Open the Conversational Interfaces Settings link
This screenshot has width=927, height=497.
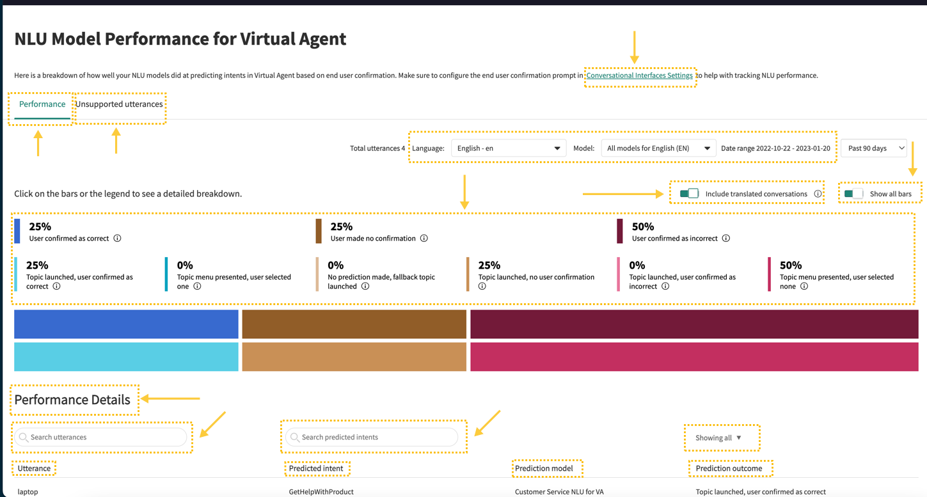[639, 75]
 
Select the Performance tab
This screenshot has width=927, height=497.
[42, 104]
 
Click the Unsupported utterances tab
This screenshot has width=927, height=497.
[119, 104]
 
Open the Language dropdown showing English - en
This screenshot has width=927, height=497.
[509, 148]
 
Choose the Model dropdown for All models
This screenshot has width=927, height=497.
[658, 148]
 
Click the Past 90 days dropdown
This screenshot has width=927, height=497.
[874, 148]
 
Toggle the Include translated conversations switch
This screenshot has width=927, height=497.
[690, 193]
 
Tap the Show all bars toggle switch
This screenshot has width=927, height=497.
[853, 193]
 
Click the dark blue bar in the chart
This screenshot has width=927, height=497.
[126, 324]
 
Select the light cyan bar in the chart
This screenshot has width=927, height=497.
[126, 357]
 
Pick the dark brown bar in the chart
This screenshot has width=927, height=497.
[354, 324]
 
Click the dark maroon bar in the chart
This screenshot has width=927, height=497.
[694, 324]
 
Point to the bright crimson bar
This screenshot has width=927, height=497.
[694, 357]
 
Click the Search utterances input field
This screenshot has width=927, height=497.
[101, 437]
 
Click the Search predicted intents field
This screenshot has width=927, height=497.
[372, 437]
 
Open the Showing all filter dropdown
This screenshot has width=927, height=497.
[718, 438]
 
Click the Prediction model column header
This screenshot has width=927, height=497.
[544, 468]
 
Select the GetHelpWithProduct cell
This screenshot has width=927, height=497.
[321, 492]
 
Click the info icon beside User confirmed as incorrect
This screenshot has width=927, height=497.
[726, 238]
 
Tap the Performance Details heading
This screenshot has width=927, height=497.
[72, 399]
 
